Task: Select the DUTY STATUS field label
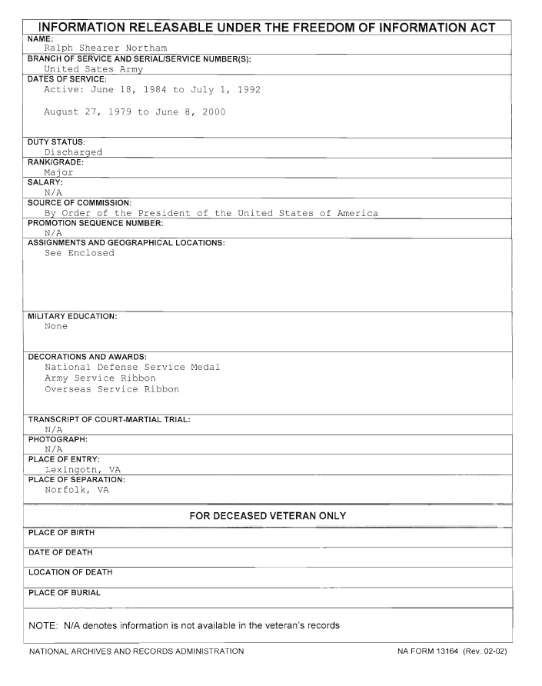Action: (56, 142)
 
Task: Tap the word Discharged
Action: (73, 152)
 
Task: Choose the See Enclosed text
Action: (79, 253)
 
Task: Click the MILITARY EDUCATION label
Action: (72, 316)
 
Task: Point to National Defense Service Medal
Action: (132, 367)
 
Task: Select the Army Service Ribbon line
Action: (100, 378)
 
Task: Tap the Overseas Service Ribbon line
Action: (111, 389)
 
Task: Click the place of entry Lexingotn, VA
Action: (82, 469)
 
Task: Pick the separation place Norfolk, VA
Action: (76, 490)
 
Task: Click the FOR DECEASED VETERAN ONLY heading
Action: (268, 515)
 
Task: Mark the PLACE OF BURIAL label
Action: (65, 593)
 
